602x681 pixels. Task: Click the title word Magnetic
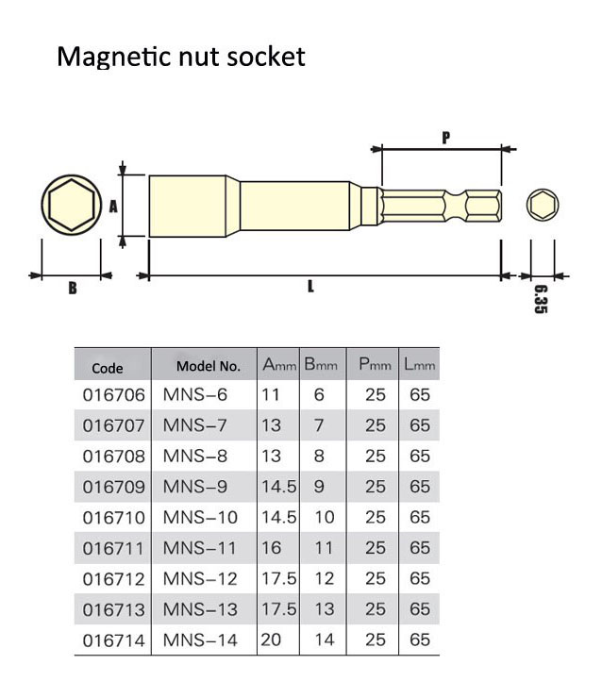click(112, 57)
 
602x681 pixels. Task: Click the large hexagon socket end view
click(72, 206)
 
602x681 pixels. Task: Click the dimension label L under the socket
click(310, 287)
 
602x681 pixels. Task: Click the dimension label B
click(72, 288)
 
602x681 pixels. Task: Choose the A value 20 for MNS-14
click(272, 639)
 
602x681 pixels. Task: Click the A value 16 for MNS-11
click(272, 548)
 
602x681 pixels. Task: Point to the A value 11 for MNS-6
click(271, 395)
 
